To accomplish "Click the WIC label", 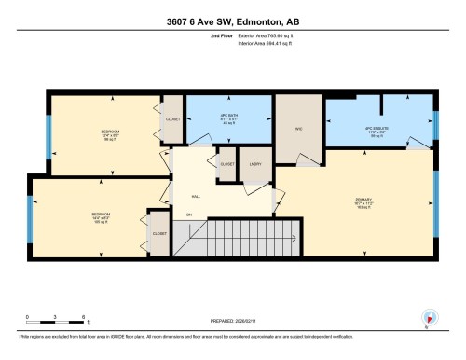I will (299, 129).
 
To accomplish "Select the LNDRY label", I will (254, 163).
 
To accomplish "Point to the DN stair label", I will (189, 216).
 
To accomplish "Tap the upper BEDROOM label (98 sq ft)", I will (109, 135).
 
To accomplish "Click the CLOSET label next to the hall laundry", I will (227, 163).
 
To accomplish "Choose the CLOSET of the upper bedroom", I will (172, 120).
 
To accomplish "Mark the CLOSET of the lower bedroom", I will (159, 234).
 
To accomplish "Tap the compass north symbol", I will (428, 317).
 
